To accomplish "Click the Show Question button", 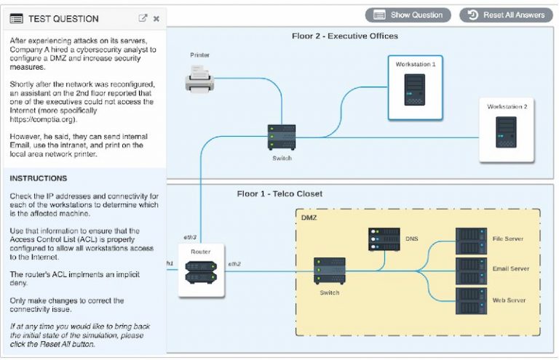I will coord(408,15).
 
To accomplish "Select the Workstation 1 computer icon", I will coord(415,89).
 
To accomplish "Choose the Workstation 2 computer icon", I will coord(506,132).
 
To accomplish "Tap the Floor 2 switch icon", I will coord(282,136).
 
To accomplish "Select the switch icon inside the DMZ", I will coord(329,270).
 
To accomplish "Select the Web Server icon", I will coord(470,300).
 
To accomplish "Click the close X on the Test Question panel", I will coord(156,18).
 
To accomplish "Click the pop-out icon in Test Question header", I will coord(143,18).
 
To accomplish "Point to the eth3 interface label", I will coord(191,237).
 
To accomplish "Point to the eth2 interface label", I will coord(234,263).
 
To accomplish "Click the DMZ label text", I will coord(309,217).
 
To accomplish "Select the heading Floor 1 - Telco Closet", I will coord(279,193).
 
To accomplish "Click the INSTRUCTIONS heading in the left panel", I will coord(39,178).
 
